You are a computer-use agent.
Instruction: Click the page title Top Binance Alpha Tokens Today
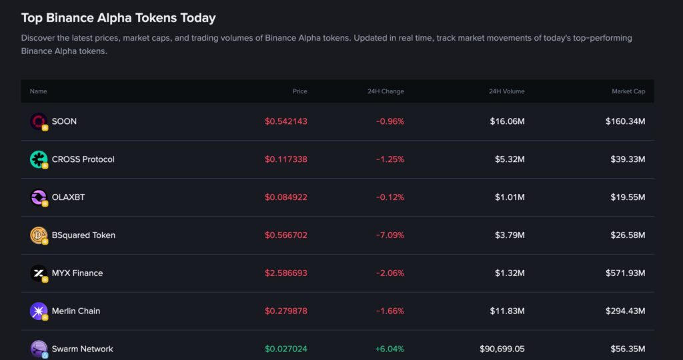tap(118, 18)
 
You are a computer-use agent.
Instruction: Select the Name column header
tap(38, 91)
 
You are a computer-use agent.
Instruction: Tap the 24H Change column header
tap(386, 91)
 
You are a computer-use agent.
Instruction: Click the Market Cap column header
tap(628, 91)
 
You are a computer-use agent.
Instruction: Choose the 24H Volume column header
tap(506, 91)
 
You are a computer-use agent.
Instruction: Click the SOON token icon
tap(39, 121)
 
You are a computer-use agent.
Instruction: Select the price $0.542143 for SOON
tap(285, 121)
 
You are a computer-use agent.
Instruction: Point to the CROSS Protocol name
tap(83, 159)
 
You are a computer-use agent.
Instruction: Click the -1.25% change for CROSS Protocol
tap(390, 159)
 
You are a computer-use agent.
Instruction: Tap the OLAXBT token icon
tap(39, 197)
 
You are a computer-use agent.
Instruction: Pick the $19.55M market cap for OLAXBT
tap(628, 197)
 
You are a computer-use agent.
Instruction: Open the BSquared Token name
tap(83, 235)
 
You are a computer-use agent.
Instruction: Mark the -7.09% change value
tap(390, 235)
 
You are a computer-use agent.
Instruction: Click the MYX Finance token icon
tap(39, 273)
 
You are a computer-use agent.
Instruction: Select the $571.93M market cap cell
tap(625, 273)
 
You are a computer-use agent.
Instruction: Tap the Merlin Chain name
tap(76, 311)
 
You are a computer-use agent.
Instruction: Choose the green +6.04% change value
tap(390, 349)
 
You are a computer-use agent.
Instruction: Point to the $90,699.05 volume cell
tap(502, 349)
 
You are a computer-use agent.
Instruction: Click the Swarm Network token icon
tap(39, 349)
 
